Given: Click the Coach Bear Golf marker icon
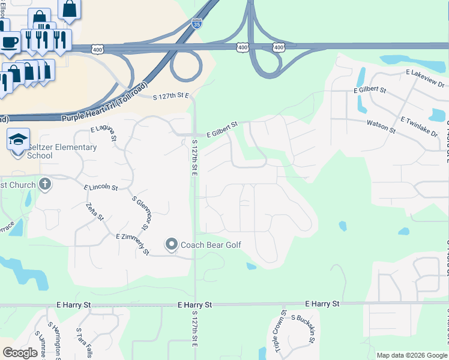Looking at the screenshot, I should (x=172, y=245).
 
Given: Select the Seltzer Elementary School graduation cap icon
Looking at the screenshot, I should (x=18, y=139).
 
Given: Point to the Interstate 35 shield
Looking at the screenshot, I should (x=197, y=23).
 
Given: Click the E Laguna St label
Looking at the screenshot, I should (x=104, y=133).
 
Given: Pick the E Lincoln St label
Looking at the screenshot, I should (x=101, y=187).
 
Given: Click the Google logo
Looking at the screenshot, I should (x=20, y=353).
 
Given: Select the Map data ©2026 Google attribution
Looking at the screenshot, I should (x=411, y=355).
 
